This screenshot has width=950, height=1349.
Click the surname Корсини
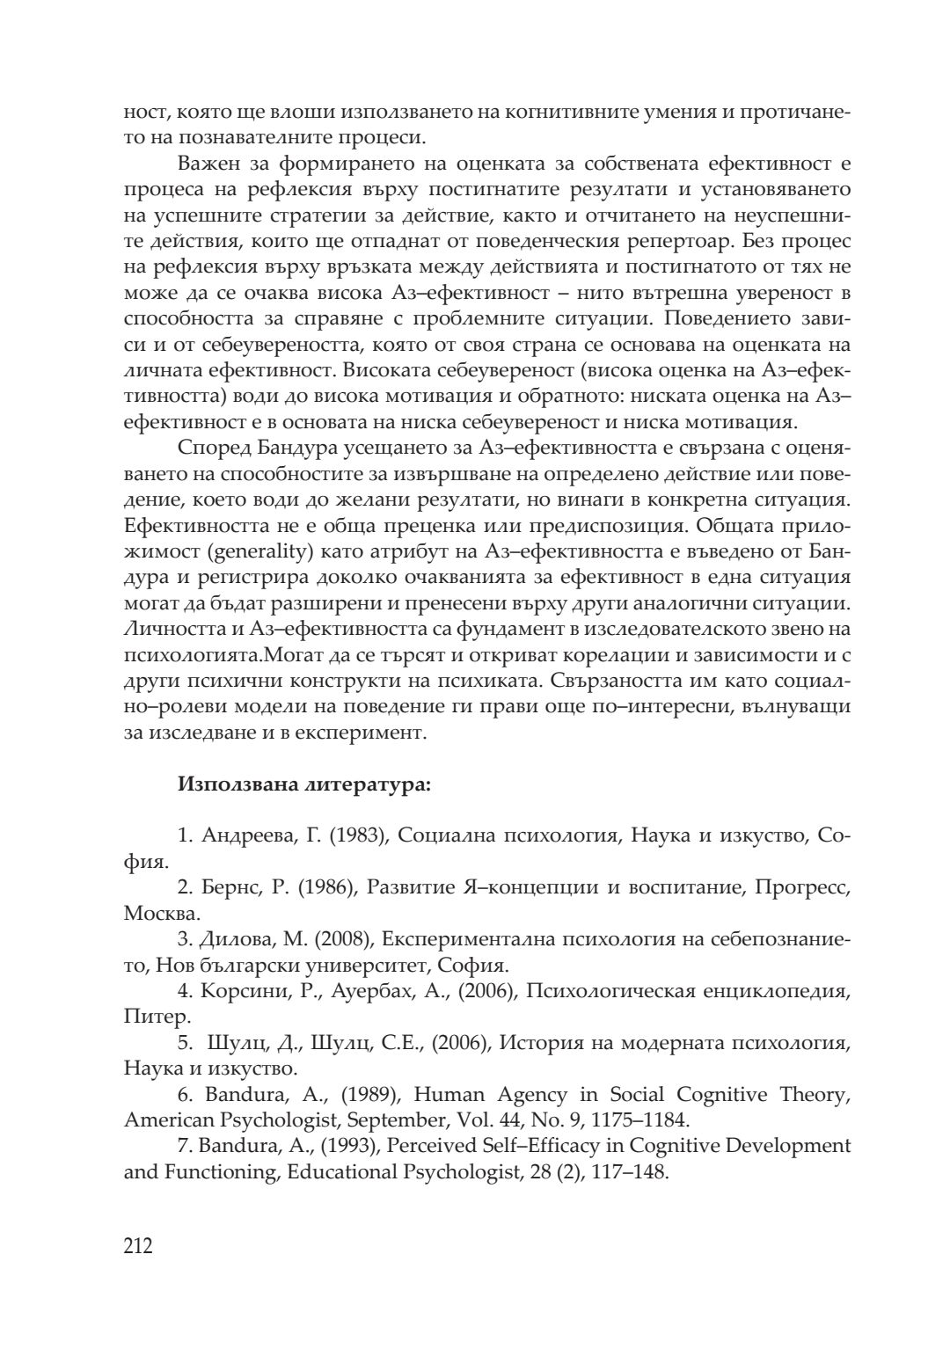(243, 991)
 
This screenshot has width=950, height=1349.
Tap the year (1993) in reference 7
(349, 1146)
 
